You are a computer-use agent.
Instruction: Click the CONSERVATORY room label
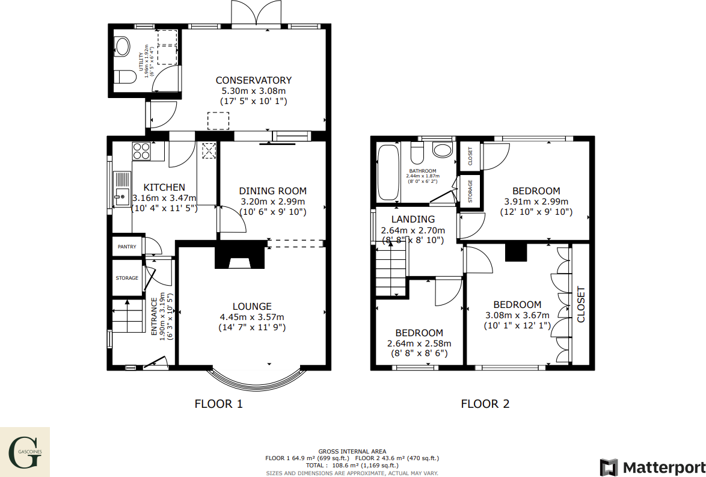[x=253, y=80]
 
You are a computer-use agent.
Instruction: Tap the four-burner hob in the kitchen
[x=141, y=150]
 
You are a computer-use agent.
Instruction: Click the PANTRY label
[x=127, y=247]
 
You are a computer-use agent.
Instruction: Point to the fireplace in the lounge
[x=240, y=255]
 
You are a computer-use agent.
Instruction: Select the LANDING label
[x=413, y=219]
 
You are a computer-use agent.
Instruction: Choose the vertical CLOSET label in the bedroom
[x=581, y=304]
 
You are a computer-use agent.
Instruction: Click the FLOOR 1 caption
[x=219, y=404]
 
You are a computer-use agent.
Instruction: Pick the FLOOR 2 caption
[x=485, y=404]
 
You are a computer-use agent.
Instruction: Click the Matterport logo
[x=652, y=467]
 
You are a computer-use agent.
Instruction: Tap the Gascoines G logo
[x=25, y=452]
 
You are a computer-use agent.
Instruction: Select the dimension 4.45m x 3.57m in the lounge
[x=252, y=317]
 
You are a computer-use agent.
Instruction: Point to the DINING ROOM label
[x=272, y=191]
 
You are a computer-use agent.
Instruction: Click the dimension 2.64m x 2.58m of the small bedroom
[x=419, y=343]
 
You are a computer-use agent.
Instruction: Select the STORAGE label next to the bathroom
[x=470, y=191]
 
